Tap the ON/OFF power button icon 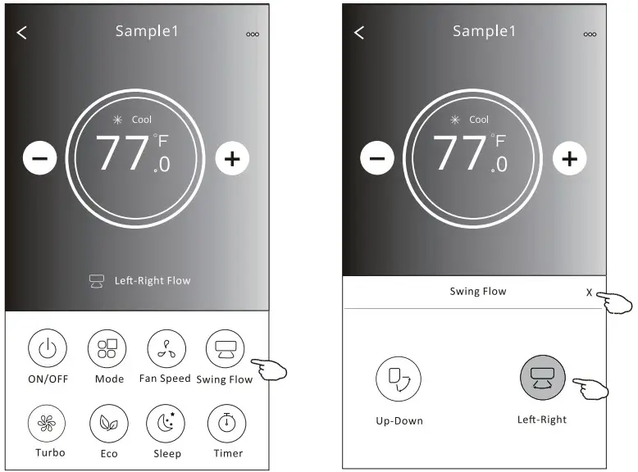pos(48,348)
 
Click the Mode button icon pos(107,348)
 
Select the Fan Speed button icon pos(166,348)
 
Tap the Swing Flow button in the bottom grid pos(226,348)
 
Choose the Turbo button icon pos(48,423)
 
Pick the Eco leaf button pos(108,423)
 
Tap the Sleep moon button pos(166,423)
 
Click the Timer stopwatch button pos(226,423)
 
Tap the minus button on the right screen pos(377,158)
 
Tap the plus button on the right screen pos(570,158)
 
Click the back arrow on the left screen pos(22,33)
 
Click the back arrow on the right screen pos(359,33)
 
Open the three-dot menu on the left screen pos(253,34)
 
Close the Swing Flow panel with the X pos(589,293)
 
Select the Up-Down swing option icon pos(399,379)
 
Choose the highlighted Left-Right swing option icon pos(543,378)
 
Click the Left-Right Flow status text pos(153,280)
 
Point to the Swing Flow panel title pos(478,291)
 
